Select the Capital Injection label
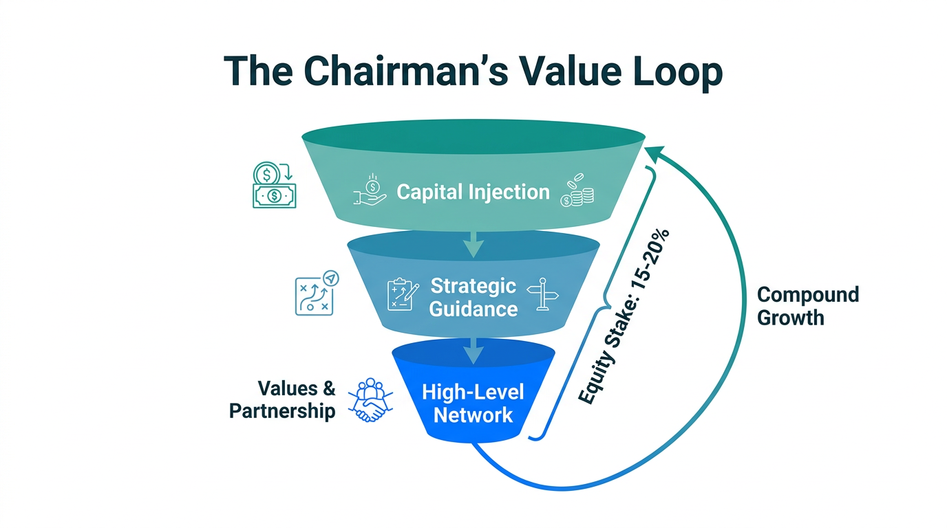pyautogui.click(x=473, y=192)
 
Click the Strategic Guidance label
pyautogui.click(x=473, y=297)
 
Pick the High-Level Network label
pyautogui.click(x=473, y=404)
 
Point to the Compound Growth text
pyautogui.click(x=807, y=307)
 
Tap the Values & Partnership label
pyautogui.click(x=283, y=399)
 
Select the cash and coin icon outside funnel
pyautogui.click(x=274, y=185)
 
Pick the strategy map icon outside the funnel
pyautogui.click(x=315, y=293)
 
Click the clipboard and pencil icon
pyautogui.click(x=403, y=294)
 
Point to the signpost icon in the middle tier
pyautogui.click(x=542, y=294)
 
